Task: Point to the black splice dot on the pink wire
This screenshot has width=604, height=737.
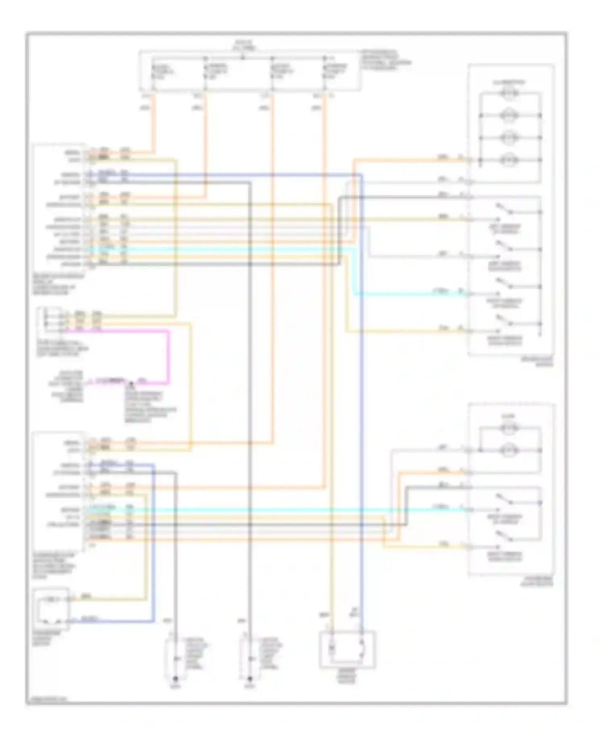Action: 131,381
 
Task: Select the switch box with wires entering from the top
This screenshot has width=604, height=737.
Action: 347,650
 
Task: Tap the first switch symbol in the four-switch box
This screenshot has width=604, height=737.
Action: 504,209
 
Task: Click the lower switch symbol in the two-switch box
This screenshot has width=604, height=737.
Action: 504,536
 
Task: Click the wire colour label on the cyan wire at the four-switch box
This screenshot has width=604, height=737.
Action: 441,291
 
